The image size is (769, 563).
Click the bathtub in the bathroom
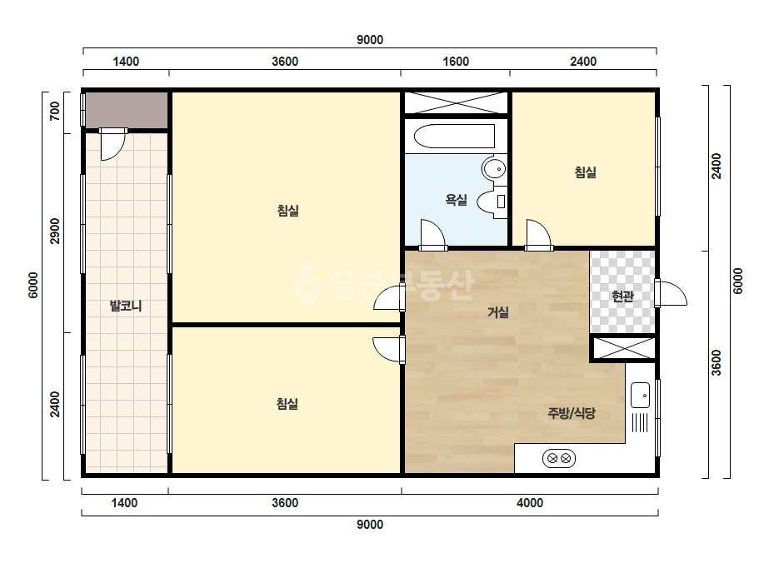[454, 136]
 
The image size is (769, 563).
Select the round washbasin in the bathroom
[494, 169]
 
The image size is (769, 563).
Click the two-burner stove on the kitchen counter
[558, 459]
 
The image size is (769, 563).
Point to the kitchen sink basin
[640, 396]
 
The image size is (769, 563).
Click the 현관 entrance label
[623, 296]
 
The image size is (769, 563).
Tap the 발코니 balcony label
[126, 306]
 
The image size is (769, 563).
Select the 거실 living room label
[497, 312]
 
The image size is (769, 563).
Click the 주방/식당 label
[572, 413]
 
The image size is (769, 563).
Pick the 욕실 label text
[456, 200]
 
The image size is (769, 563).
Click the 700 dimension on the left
[55, 112]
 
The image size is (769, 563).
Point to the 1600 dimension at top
[456, 62]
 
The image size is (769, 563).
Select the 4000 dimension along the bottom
[530, 503]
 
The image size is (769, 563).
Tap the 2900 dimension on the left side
[55, 231]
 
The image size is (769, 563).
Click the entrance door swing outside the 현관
[671, 294]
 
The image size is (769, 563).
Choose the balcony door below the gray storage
[112, 145]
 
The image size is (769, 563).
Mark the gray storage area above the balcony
[127, 110]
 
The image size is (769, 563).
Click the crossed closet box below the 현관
[624, 348]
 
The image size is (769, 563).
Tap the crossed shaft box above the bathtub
[456, 103]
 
